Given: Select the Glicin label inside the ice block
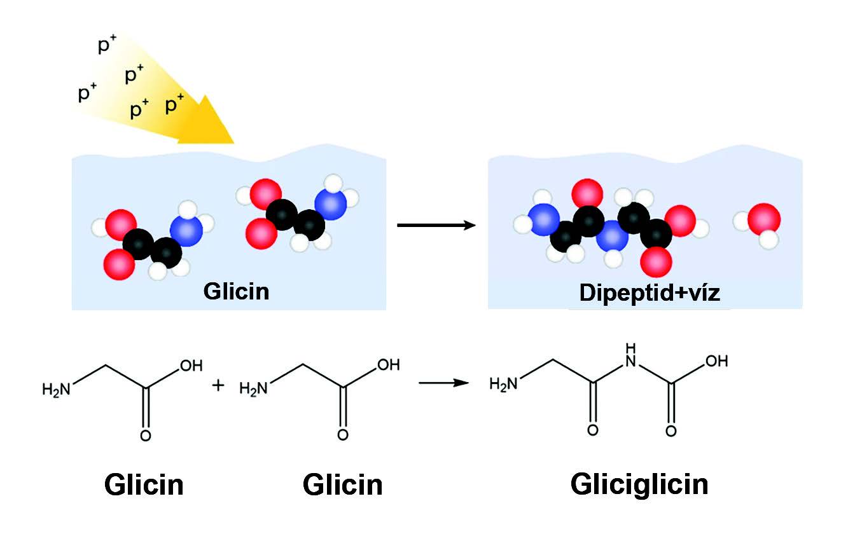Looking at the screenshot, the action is point(237,291).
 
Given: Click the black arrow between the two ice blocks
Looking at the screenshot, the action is point(436,225).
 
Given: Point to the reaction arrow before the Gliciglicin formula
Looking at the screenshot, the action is point(444,383).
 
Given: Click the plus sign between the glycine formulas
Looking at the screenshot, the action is point(218,385).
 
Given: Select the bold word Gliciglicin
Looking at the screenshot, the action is point(639,486).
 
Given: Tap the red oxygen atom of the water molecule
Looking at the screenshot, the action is point(764,219).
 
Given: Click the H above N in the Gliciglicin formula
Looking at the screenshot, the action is point(631,348).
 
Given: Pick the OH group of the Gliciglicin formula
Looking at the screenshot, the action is point(717,361).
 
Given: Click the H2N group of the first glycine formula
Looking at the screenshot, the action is point(57,390).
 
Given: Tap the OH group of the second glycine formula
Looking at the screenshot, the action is point(389,365).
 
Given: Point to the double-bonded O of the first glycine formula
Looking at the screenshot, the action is point(146,436).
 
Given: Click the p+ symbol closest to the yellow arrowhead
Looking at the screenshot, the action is point(174,104).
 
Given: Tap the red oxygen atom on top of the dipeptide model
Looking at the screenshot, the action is point(587,195).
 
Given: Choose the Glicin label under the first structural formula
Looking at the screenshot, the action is point(144,485).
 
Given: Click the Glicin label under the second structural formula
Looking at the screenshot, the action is point(342,485).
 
